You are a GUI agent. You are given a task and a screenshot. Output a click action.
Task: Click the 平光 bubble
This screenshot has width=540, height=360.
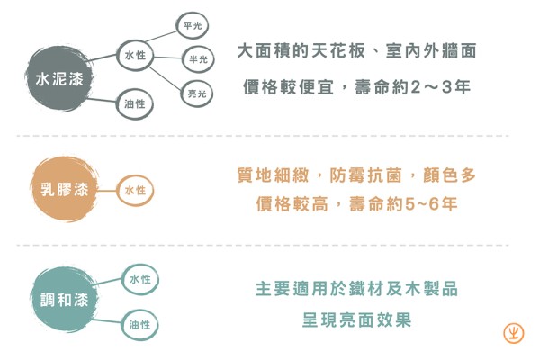pos(193,25)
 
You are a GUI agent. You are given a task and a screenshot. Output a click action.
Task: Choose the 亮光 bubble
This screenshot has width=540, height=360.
pos(195,94)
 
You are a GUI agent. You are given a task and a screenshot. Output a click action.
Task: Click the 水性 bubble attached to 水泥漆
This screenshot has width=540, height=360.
pos(136,57)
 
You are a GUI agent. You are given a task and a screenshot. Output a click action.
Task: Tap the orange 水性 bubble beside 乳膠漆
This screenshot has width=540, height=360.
pos(135,191)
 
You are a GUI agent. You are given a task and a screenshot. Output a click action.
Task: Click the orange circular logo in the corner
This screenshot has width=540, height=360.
pos(513,332)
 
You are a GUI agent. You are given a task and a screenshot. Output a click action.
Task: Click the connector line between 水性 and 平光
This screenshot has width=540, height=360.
pos(165,40)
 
